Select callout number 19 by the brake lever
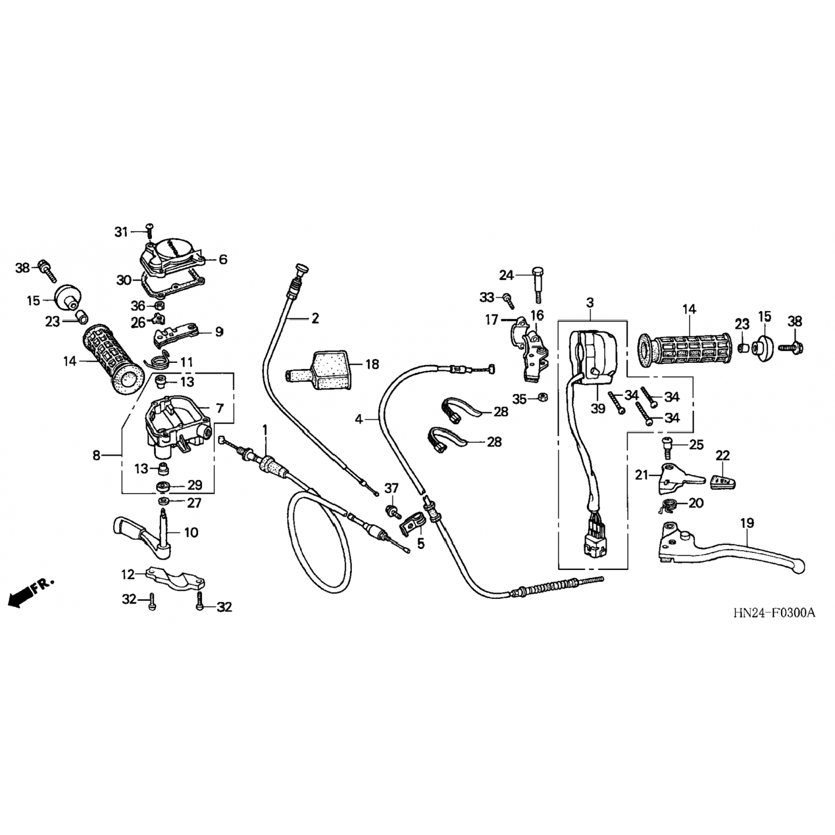click(x=747, y=523)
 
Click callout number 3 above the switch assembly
click(x=590, y=303)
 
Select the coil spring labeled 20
click(x=667, y=506)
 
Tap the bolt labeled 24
click(x=538, y=284)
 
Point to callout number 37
click(x=391, y=488)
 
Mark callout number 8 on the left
click(x=96, y=455)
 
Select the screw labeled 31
click(x=149, y=228)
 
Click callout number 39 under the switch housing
click(x=598, y=409)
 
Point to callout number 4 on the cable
click(x=359, y=419)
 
